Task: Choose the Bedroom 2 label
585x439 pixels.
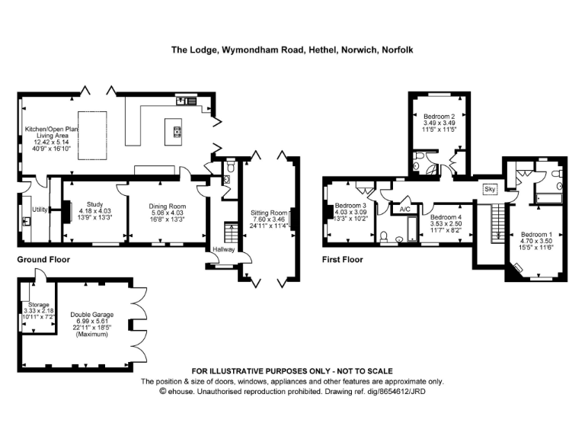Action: [439, 116]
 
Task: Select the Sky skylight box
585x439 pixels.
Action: [489, 187]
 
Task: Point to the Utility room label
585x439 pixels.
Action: [39, 209]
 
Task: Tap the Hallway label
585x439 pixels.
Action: [224, 250]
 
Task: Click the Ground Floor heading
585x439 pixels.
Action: [43, 260]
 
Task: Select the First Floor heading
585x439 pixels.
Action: [342, 260]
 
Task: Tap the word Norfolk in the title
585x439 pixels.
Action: [397, 50]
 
